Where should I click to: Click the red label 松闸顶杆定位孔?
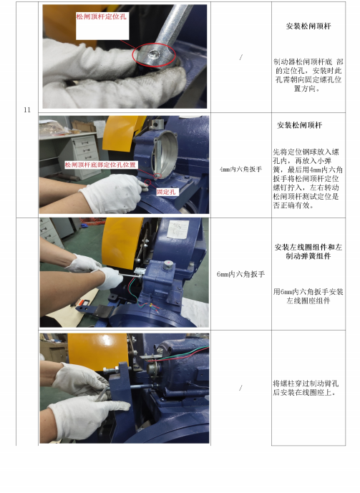click(x=101, y=16)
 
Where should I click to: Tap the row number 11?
click(x=27, y=109)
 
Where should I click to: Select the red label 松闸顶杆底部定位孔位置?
click(x=101, y=165)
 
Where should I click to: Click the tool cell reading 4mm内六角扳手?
click(x=241, y=169)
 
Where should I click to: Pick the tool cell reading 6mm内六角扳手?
click(x=241, y=274)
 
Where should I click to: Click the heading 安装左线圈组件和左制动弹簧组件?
click(x=308, y=252)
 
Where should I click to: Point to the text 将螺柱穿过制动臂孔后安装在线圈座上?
click(x=306, y=388)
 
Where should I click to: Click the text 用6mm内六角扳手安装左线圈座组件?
click(x=308, y=296)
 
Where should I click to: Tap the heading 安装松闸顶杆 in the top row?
click(x=308, y=26)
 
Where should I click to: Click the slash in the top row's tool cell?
click(x=241, y=57)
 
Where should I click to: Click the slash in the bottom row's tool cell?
click(x=240, y=388)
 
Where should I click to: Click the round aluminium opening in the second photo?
click(x=165, y=152)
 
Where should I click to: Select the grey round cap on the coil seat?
click(x=168, y=264)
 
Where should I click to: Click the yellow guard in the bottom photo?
click(x=98, y=351)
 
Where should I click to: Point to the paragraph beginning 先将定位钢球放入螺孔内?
click(x=308, y=179)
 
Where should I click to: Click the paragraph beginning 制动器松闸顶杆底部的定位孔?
click(x=308, y=75)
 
